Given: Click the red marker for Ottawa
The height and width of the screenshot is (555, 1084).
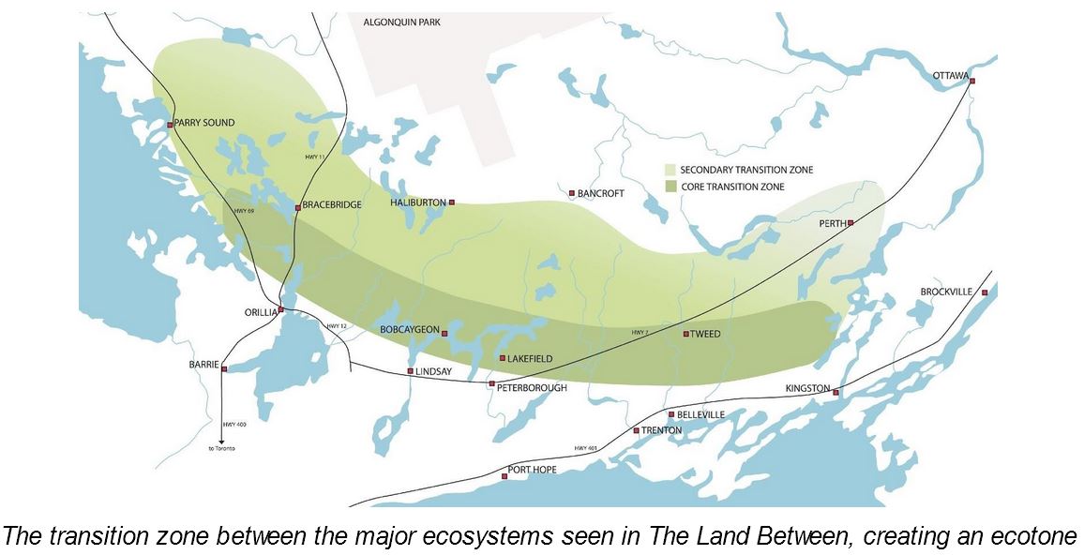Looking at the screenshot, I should (x=972, y=82).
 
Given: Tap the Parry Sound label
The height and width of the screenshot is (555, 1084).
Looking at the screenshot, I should (x=204, y=123).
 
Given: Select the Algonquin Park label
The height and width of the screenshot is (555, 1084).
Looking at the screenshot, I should (x=406, y=21).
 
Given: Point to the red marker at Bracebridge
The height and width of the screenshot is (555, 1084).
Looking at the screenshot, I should (x=298, y=207).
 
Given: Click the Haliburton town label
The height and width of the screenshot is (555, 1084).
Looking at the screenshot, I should (x=418, y=202).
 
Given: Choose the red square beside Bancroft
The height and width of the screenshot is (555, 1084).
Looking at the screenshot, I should (x=572, y=194).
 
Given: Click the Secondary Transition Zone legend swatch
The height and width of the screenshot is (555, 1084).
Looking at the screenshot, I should (x=670, y=170).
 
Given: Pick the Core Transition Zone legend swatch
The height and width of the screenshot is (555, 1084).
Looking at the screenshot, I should (x=670, y=187).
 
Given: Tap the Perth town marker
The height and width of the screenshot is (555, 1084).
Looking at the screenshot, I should (x=851, y=223).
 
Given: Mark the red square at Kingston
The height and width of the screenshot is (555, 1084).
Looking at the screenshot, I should (x=836, y=392).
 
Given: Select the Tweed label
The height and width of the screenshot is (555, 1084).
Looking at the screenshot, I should (x=705, y=334).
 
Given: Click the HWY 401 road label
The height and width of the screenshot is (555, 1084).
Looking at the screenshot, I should (x=587, y=449).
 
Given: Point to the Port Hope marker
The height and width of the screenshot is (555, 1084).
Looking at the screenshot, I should (x=504, y=477).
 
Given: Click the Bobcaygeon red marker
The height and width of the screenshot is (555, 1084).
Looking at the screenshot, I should (x=444, y=334).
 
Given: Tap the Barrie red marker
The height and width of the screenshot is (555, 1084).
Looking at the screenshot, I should (x=224, y=369).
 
